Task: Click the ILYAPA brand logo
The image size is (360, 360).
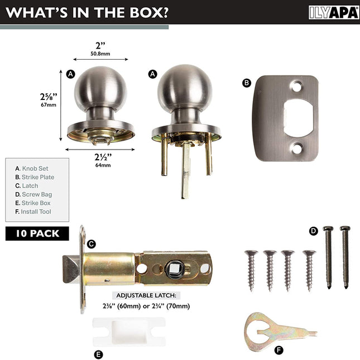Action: tap(334, 13)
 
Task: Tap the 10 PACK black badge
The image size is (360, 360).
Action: tap(37, 233)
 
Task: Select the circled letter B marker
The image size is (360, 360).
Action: tap(247, 83)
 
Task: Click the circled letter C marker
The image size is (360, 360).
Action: tap(92, 244)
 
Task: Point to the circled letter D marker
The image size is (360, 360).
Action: tap(314, 231)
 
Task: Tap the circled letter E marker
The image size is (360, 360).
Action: tap(98, 354)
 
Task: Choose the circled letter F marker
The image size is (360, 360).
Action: tap(279, 351)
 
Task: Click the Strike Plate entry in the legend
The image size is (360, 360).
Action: tap(35, 177)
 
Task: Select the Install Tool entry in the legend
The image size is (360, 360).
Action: tap(33, 212)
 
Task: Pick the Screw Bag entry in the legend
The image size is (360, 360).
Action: tap(33, 194)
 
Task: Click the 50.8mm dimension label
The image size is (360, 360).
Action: tap(100, 54)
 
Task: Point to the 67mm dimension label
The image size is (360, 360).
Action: tap(49, 105)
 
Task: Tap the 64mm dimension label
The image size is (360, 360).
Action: tap(103, 165)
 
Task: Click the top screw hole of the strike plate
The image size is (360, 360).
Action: tap(296, 87)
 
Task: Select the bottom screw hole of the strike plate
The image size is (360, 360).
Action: tap(296, 148)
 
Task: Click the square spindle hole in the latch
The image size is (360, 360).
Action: tap(174, 268)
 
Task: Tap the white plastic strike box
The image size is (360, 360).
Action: tap(129, 332)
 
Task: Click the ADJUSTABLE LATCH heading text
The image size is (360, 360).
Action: tap(146, 295)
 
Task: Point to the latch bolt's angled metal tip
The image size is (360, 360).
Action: tap(71, 269)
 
